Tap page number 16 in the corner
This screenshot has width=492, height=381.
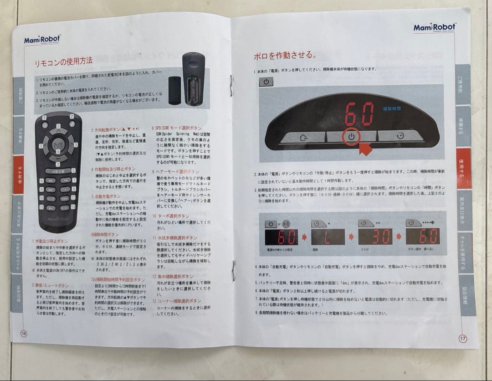24,333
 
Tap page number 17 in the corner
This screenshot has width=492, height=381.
462,338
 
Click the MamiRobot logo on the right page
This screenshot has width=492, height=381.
434,28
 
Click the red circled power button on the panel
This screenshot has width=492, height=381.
351,136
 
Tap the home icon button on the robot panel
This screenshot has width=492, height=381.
303,136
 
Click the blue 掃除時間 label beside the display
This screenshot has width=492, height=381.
392,108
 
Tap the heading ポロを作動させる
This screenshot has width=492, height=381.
285,56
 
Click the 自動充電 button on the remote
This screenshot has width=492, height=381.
57,171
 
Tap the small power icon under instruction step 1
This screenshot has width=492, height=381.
266,82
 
